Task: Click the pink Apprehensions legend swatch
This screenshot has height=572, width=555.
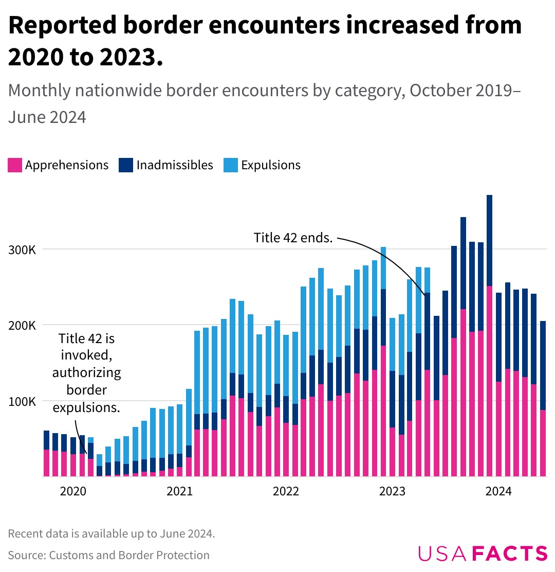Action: click(15, 165)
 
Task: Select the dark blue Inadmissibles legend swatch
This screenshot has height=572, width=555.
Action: click(126, 165)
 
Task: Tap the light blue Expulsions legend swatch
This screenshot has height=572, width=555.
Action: click(231, 165)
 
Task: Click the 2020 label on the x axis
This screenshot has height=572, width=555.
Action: click(73, 492)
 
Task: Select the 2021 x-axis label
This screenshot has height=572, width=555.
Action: click(179, 492)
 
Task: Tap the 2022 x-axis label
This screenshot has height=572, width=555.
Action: click(286, 492)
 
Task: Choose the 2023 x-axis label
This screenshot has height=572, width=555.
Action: click(392, 492)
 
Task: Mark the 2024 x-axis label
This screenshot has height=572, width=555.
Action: click(498, 492)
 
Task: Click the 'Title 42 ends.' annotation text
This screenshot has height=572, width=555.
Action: click(293, 238)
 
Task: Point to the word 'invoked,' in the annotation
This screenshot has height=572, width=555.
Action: click(86, 355)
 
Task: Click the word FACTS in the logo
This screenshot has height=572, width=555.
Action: click(510, 553)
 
